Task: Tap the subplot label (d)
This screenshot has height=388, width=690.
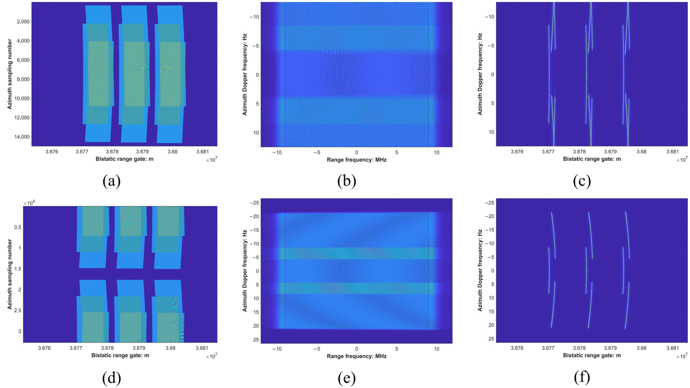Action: tap(111, 378)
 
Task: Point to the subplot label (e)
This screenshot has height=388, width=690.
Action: tap(347, 378)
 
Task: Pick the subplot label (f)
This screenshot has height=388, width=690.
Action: tap(582, 378)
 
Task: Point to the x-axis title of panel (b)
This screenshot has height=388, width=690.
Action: tap(357, 160)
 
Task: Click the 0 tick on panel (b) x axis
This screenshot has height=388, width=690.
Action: tap(357, 153)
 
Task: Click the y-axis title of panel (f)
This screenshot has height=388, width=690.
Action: tap(480, 270)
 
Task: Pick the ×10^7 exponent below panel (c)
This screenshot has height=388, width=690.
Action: tap(682, 160)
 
